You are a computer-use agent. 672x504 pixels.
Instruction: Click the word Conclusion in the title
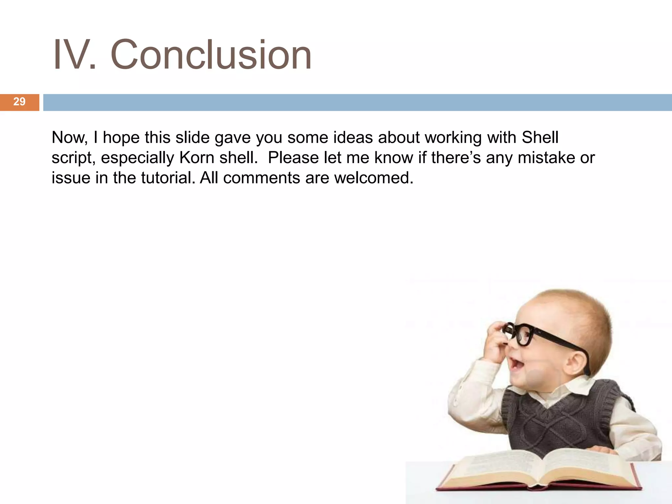point(211,55)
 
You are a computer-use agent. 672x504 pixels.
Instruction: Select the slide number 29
point(19,102)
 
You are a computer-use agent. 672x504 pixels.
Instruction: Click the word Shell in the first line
point(540,137)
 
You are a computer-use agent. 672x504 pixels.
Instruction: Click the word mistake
point(546,157)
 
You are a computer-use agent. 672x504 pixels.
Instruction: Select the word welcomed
point(374,178)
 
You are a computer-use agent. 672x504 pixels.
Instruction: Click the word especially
point(137,158)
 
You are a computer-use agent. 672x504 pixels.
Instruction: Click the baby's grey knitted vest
point(558,420)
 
